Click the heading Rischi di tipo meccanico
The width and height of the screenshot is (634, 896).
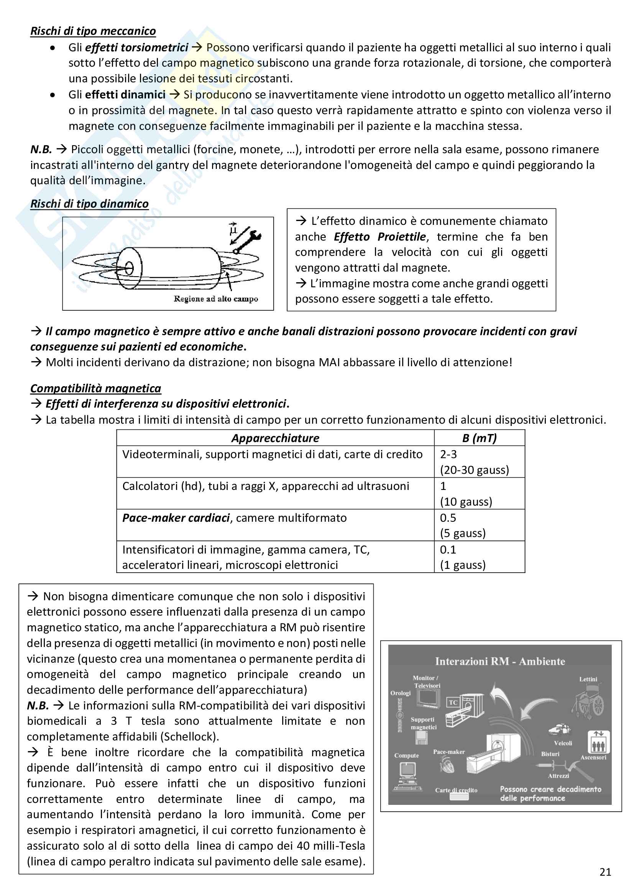(x=93, y=31)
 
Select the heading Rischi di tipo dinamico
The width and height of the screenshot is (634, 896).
(x=89, y=204)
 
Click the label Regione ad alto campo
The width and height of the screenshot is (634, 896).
(x=216, y=299)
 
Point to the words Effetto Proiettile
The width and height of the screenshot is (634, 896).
(x=379, y=237)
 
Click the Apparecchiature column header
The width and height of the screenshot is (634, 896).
(x=275, y=438)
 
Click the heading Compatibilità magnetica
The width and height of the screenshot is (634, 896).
(x=96, y=388)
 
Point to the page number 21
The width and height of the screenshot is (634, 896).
(x=605, y=872)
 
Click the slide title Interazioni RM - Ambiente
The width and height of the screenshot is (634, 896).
(x=500, y=662)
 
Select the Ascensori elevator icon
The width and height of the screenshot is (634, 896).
(x=598, y=741)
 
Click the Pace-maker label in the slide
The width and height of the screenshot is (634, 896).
(x=449, y=752)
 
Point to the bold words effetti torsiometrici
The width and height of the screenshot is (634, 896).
(x=136, y=48)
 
